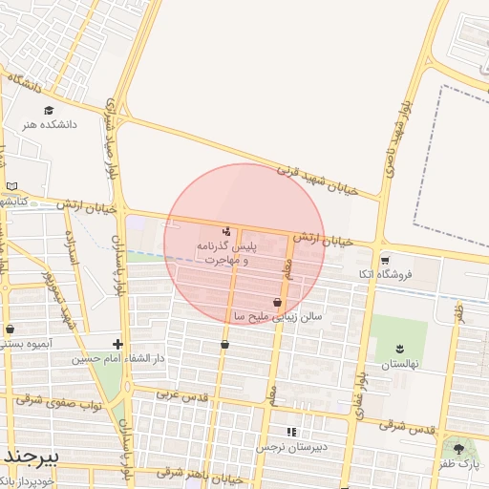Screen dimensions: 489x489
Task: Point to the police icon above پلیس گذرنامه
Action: [226, 230]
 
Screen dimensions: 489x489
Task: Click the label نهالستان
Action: [400, 365]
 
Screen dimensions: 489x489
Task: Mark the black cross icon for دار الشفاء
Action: [117, 344]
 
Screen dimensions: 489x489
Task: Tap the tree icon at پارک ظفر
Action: [459, 448]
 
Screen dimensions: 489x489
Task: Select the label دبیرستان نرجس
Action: [297, 446]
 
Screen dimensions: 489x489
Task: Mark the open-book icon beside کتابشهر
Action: [11, 186]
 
